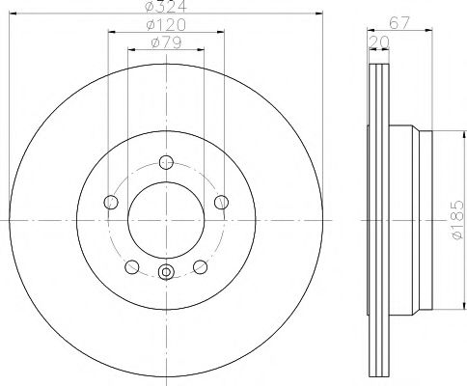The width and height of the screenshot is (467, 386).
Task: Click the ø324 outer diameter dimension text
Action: click(x=165, y=9)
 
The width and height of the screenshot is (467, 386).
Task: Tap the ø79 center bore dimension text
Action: click(x=165, y=43)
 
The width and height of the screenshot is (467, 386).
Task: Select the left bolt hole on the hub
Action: click(x=110, y=202)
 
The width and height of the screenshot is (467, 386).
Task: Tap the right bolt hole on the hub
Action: click(x=221, y=202)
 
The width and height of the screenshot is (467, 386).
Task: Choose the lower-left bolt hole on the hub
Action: click(x=131, y=267)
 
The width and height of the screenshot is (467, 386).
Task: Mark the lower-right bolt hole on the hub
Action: click(x=200, y=267)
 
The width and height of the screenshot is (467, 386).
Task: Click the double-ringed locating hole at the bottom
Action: click(x=166, y=273)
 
